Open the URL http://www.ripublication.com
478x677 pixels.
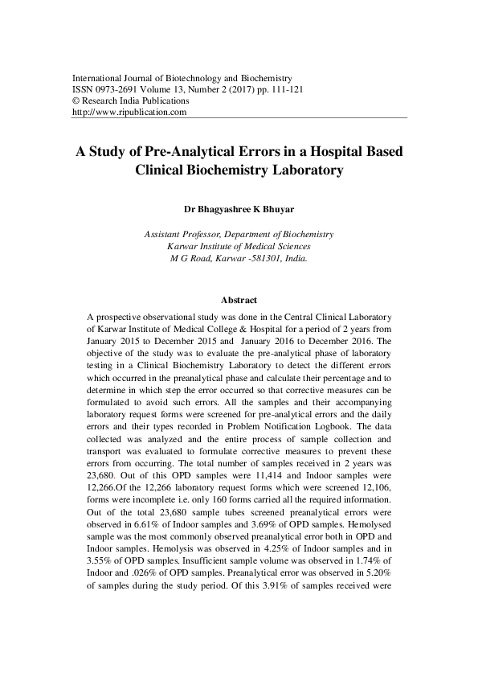click(129, 113)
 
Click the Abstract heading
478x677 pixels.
click(239, 299)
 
